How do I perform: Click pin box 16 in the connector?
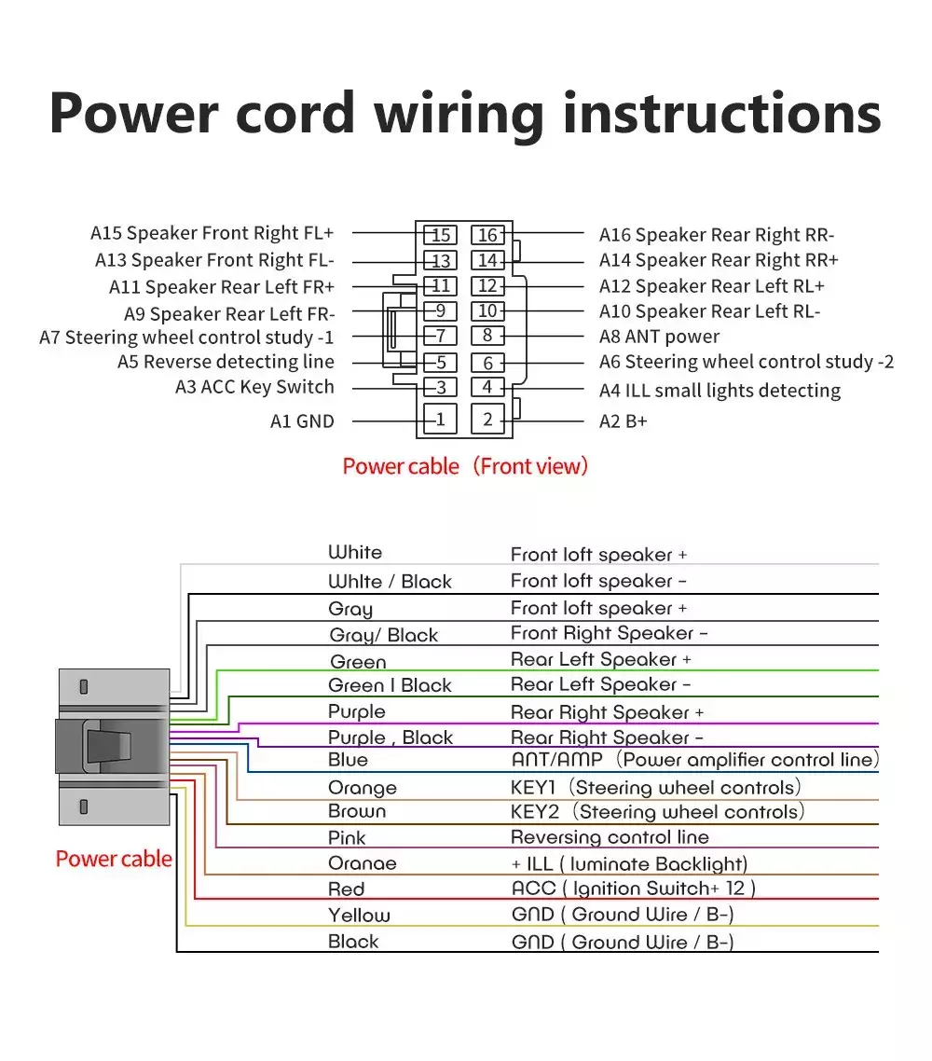coord(487,235)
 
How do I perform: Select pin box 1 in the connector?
coord(440,420)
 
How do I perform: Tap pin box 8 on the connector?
coord(487,336)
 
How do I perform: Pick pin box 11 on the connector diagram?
coord(440,285)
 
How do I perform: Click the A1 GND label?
coord(302,421)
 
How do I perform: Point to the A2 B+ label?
coord(623,421)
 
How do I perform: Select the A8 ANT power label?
coord(659,337)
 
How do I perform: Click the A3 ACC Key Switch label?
coord(254,387)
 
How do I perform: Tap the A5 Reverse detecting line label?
coord(226,362)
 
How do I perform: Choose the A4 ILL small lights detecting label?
coord(720,391)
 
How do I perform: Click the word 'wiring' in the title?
coord(459,115)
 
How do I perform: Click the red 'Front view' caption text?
coord(530,466)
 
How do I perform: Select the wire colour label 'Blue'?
coord(348,760)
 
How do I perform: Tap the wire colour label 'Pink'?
coord(347,838)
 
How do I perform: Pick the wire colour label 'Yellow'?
coord(359,916)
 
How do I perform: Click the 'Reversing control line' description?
coord(610,837)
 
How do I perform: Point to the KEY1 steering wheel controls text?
coord(655,788)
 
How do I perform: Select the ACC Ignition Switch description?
coord(633,889)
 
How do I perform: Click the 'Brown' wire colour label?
coord(356,811)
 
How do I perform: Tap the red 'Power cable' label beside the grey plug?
coord(114,859)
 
